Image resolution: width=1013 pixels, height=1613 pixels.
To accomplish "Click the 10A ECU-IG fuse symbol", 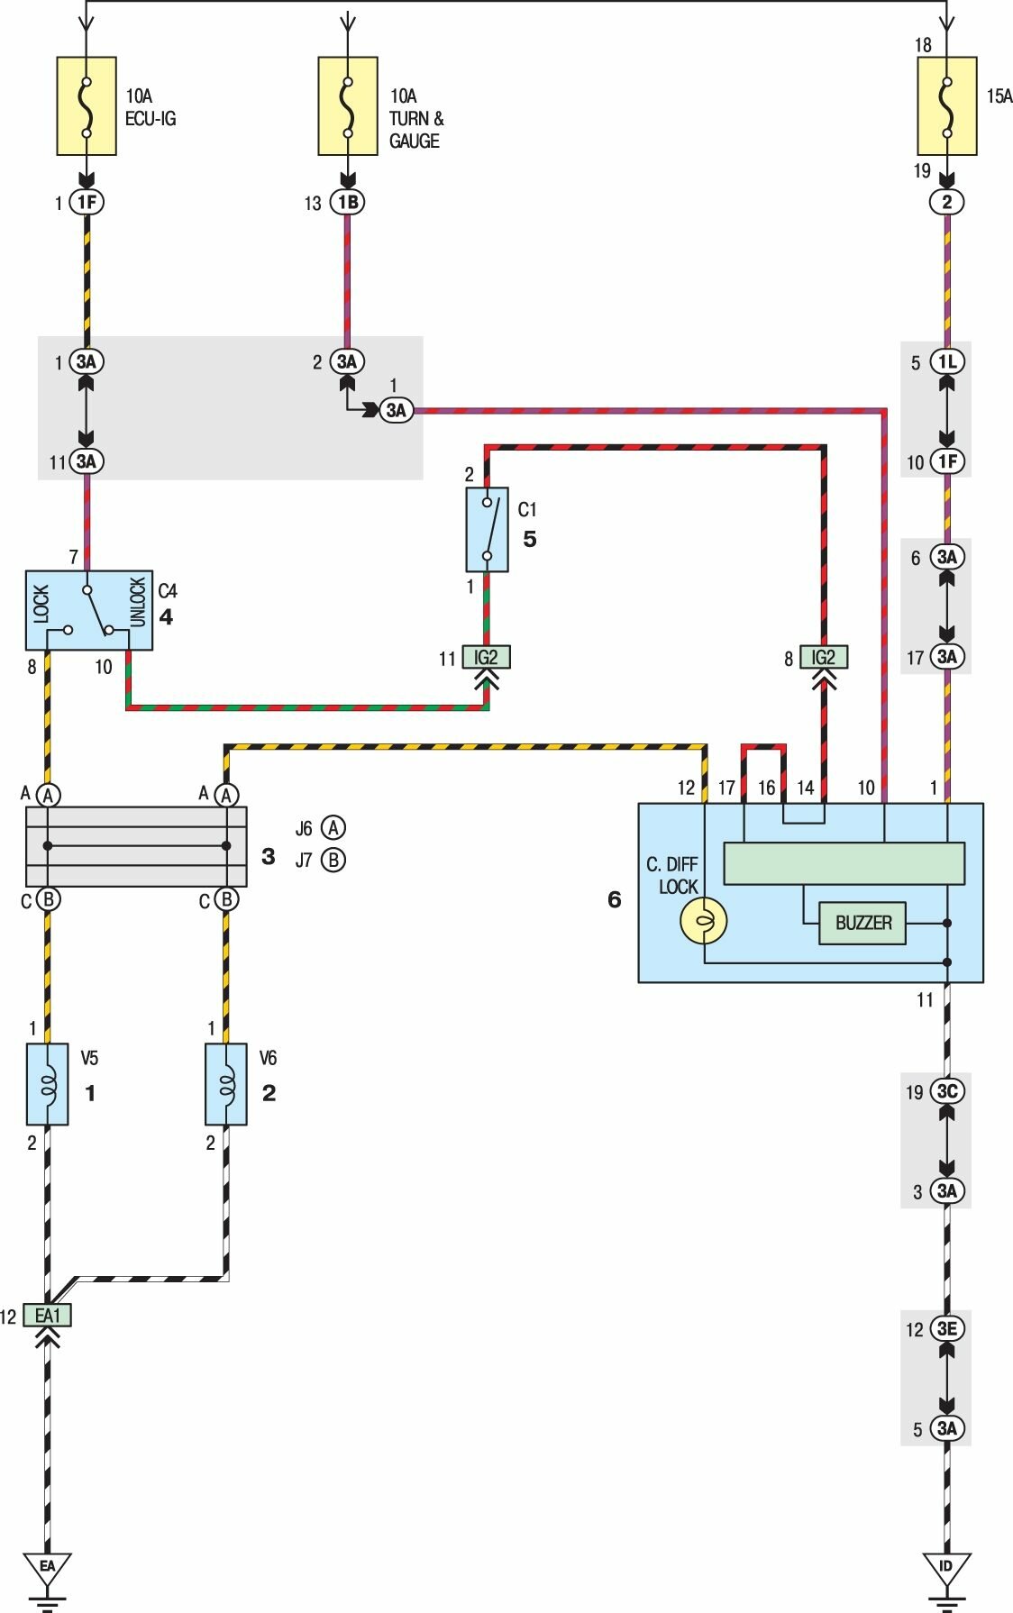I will [87, 106].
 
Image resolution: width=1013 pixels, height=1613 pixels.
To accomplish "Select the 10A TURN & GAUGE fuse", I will [348, 106].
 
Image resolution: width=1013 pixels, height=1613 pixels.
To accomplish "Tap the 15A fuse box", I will [946, 106].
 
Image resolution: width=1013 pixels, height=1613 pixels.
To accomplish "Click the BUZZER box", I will [862, 923].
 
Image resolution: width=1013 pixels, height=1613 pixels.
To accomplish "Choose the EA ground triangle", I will [48, 1568].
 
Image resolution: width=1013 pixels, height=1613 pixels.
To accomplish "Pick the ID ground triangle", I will [946, 1568].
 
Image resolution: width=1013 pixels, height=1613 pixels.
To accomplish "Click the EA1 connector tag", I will [48, 1316].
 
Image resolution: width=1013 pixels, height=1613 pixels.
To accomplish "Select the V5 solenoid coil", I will [48, 1084].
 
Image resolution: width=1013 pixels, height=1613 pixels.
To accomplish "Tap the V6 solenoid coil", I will [226, 1084].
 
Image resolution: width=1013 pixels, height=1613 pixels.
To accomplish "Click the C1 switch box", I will [487, 530].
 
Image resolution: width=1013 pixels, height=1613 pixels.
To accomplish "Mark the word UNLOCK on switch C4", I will [138, 602].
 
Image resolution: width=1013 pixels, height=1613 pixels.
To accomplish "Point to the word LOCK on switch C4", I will [41, 604].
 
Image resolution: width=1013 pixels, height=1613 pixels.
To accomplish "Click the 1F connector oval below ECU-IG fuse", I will [87, 203].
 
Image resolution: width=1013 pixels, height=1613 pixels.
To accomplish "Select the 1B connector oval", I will [348, 203].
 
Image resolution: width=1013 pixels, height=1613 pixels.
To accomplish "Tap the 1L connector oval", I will [946, 362].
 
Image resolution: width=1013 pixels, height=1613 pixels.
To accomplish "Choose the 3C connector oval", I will [946, 1091].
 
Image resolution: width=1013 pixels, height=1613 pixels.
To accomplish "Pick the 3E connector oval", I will [946, 1329].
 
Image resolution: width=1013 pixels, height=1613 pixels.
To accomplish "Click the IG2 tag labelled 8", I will [824, 658].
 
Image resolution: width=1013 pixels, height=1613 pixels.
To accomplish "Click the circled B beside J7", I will [333, 860].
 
